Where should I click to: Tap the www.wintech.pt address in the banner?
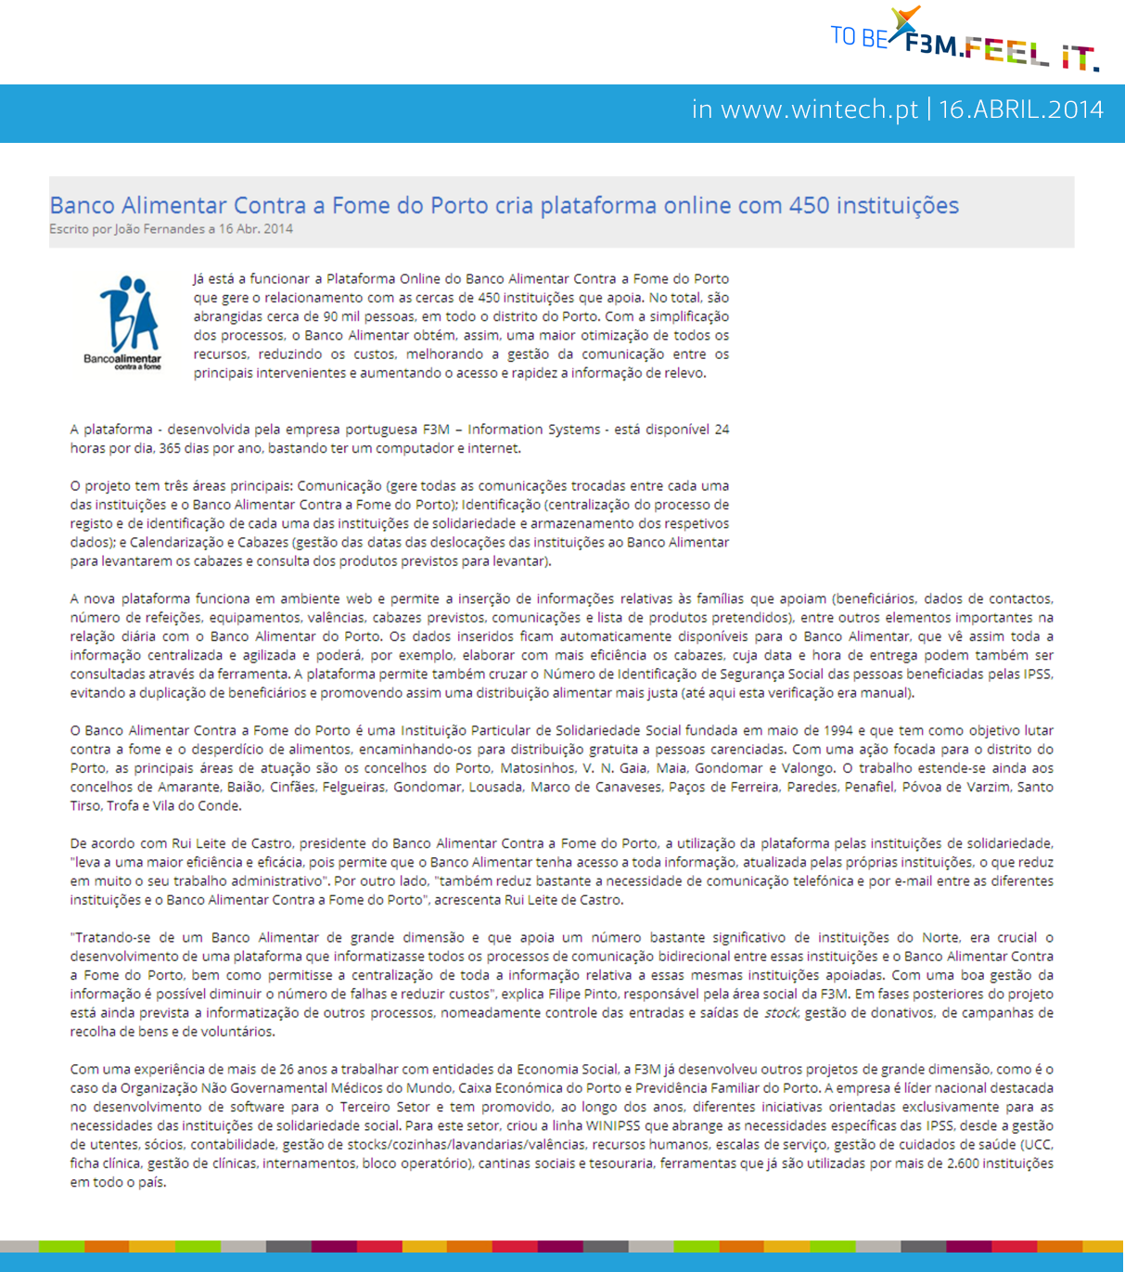819,109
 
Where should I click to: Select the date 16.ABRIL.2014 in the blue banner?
1021,109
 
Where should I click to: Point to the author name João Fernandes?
154,229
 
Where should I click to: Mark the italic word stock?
781,1012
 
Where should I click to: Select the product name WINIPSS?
614,1125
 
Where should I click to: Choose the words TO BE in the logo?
859,36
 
